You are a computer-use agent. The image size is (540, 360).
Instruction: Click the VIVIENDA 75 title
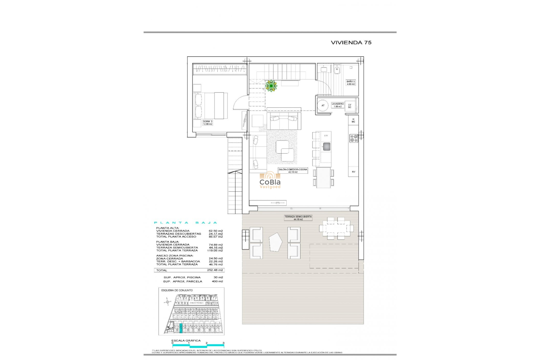[x=351, y=42]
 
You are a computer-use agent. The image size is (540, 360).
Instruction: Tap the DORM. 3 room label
[x=208, y=123]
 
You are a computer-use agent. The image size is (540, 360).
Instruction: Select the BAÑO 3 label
[x=351, y=83]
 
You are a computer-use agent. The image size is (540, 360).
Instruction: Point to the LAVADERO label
[x=337, y=105]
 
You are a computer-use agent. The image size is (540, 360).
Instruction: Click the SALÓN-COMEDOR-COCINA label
[x=293, y=170]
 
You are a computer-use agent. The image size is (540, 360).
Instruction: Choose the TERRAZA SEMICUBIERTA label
[x=298, y=218]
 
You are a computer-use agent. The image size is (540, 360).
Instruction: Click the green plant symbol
[x=271, y=86]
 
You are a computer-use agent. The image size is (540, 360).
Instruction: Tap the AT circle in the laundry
[x=323, y=105]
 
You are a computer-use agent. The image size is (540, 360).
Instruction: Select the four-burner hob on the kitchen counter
[x=354, y=138]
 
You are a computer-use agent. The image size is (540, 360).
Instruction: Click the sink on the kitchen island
[x=326, y=147]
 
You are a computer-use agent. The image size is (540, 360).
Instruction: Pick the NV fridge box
[x=353, y=172]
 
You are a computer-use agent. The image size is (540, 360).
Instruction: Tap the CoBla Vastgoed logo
[x=270, y=180]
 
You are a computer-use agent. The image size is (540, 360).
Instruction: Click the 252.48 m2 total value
[x=215, y=270]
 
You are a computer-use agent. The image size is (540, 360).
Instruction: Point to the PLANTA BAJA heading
[x=186, y=223]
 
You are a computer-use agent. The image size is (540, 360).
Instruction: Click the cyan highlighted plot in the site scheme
[x=181, y=328]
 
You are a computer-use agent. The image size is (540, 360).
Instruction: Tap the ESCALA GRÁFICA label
[x=186, y=341]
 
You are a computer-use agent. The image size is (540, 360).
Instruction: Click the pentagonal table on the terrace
[x=275, y=242]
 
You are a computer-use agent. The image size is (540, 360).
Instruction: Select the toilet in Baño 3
[x=337, y=69]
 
